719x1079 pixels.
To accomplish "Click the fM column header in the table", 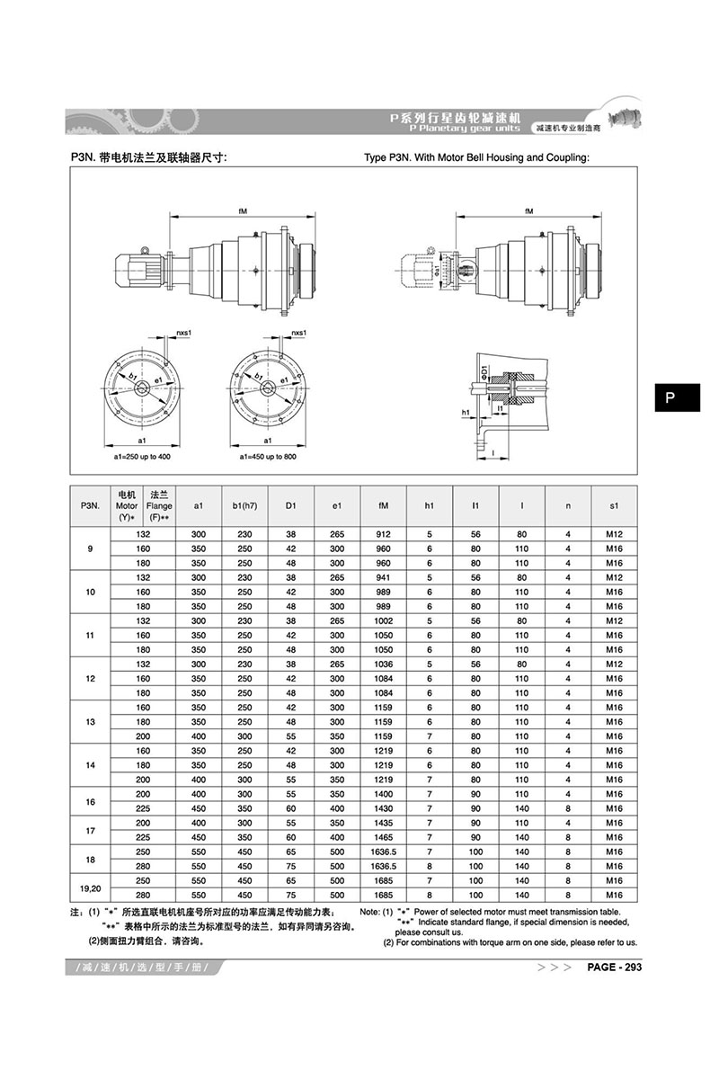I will (x=384, y=506).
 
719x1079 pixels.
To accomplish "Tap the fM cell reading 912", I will (x=384, y=534).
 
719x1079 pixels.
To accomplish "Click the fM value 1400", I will (x=384, y=794).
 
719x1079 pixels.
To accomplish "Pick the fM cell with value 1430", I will (x=384, y=808).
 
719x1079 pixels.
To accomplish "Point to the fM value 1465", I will (x=384, y=837).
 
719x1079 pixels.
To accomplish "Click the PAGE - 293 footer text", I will (x=614, y=968).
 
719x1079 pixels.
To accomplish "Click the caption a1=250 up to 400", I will (x=142, y=457).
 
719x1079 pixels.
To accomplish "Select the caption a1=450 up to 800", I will (x=268, y=457).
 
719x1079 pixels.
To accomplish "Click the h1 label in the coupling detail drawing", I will (x=466, y=413).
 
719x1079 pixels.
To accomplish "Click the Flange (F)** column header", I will (x=161, y=506).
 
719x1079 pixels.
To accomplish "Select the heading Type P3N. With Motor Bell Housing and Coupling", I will (x=476, y=157).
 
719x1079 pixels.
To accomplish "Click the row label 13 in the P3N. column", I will (x=89, y=722).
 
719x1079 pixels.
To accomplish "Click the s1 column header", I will (x=614, y=506).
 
